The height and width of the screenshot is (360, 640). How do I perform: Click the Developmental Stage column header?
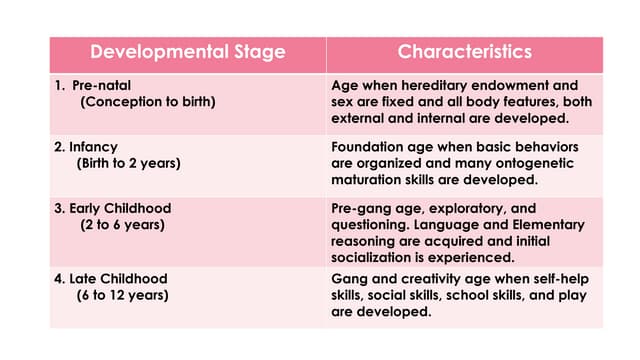tap(187, 52)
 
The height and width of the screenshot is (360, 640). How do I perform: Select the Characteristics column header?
tap(464, 52)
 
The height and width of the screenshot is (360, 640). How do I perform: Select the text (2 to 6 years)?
tap(123, 224)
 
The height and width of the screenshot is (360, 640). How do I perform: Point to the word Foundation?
tap(365, 147)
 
